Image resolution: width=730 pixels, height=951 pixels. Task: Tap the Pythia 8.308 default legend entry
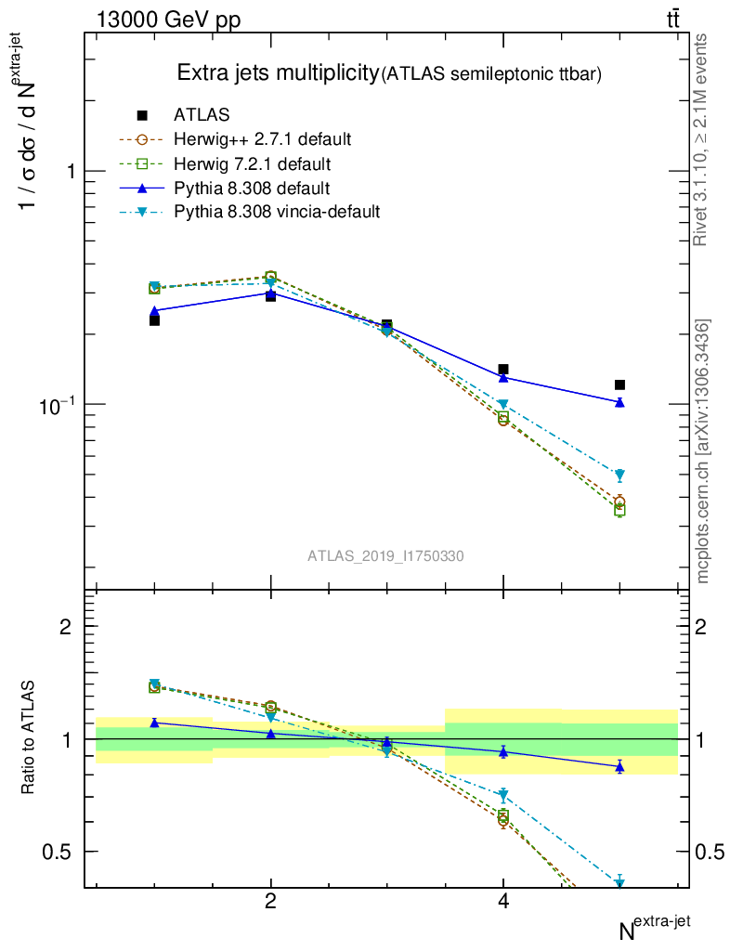(252, 188)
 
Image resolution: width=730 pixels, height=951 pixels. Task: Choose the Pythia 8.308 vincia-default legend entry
(277, 212)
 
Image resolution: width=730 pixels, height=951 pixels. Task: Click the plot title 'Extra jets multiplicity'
(278, 73)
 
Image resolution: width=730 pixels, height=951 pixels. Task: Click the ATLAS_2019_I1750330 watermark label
(386, 555)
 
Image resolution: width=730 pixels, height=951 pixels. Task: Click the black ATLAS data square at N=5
(619, 384)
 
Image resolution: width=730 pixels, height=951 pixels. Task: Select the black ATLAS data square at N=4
(503, 369)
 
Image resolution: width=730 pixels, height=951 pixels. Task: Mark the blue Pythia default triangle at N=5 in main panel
(619, 402)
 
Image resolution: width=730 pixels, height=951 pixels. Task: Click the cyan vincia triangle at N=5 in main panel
(619, 475)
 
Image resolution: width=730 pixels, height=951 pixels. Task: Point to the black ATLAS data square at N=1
(154, 320)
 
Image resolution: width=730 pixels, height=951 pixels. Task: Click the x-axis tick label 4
(503, 902)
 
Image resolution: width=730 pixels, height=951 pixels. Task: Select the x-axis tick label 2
(270, 902)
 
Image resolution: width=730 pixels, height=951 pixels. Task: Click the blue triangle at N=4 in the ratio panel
(503, 751)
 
